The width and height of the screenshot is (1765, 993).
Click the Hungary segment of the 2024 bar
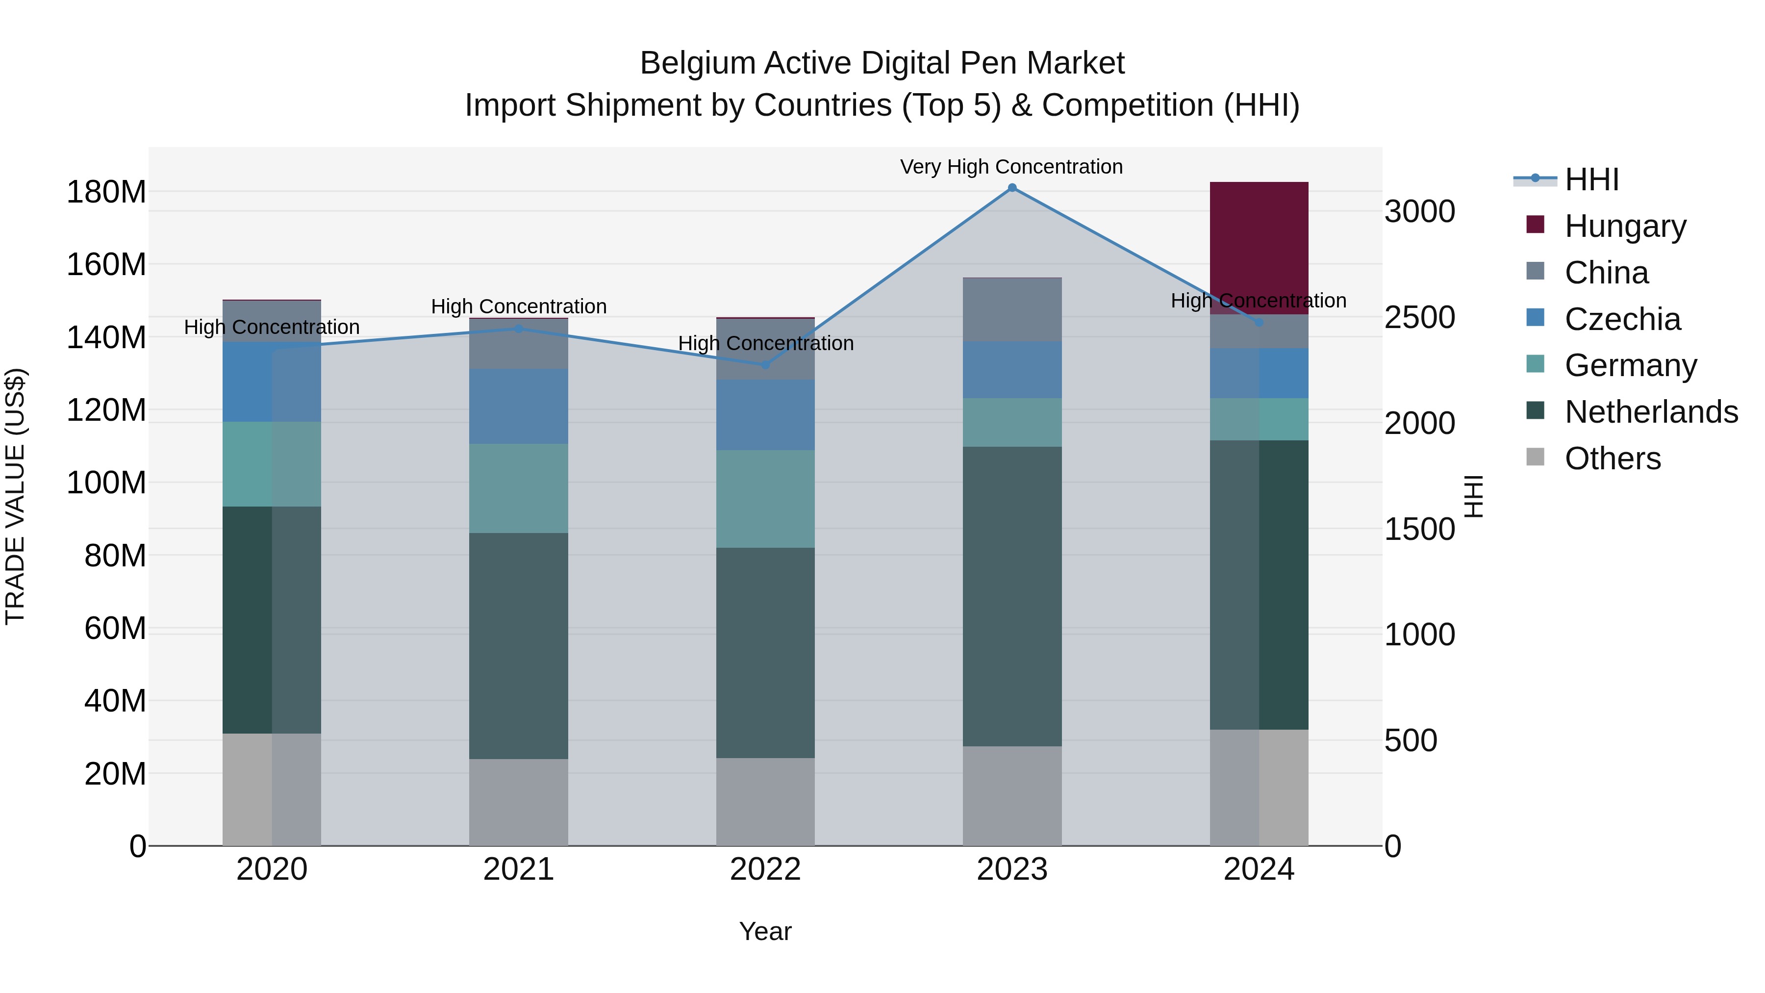point(1259,248)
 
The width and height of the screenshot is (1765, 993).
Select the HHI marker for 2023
point(1012,188)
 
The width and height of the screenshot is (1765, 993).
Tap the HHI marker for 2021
point(519,329)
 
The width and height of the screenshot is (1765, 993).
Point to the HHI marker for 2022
point(766,364)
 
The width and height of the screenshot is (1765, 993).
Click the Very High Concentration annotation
point(1011,167)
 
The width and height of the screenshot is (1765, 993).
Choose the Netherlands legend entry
point(1650,412)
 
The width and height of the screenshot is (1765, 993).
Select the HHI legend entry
point(1591,179)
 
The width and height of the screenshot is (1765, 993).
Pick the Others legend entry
point(1612,458)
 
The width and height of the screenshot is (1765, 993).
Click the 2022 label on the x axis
point(765,869)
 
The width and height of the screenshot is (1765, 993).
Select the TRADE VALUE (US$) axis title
point(15,496)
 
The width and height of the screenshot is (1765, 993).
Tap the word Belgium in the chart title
point(698,63)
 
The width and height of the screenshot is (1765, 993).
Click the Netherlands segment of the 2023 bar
point(1012,596)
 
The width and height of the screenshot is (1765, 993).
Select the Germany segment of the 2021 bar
point(519,488)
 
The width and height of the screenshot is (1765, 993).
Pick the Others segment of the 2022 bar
point(765,802)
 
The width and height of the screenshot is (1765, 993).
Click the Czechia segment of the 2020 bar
point(272,382)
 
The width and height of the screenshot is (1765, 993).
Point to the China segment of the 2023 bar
point(1012,310)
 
